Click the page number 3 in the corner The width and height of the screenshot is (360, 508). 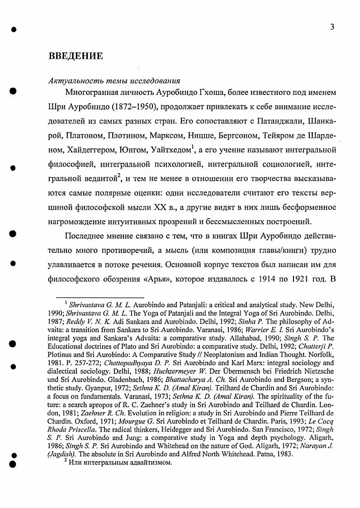click(x=332, y=27)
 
